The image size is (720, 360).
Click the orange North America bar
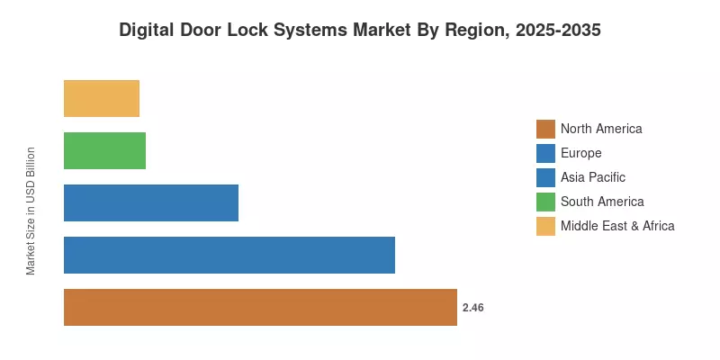coord(260,307)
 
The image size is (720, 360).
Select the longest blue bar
coord(229,255)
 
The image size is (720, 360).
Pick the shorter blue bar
coord(151,203)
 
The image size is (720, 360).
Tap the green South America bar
coord(104,150)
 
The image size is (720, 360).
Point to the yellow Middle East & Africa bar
coord(102,98)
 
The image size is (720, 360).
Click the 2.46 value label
coord(473,308)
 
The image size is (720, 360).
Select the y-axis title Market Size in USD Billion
coord(31,211)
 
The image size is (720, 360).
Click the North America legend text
coord(601,129)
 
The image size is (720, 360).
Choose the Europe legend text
coord(580,153)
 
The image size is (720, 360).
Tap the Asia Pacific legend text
coord(593,177)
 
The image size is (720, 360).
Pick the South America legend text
coord(602,201)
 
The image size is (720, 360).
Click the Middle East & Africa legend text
coord(617,226)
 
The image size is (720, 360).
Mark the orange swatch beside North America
coord(545,129)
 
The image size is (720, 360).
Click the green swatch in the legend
coord(545,202)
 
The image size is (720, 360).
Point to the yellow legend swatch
coord(545,226)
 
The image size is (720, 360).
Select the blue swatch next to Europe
coord(545,153)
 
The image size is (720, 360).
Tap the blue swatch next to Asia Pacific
coord(545,177)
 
